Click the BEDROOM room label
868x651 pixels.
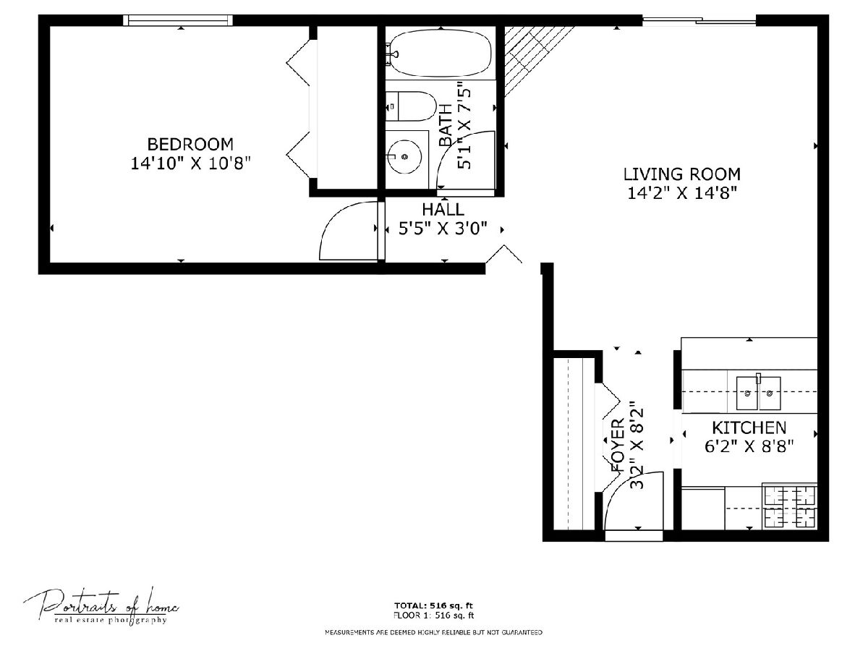(190, 144)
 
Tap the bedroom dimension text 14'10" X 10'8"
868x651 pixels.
(191, 163)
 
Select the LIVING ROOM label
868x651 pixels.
(682, 174)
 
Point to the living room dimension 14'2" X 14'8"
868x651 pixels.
(682, 193)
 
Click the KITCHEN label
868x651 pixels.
(749, 427)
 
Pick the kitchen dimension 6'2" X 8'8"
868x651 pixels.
(749, 446)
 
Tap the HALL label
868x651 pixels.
(443, 210)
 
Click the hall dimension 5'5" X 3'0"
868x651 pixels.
(443, 229)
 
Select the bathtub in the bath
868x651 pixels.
(439, 53)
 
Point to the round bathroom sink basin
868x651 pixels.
(404, 156)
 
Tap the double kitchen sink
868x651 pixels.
(758, 393)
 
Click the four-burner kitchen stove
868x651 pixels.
(790, 507)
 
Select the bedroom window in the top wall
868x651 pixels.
(177, 20)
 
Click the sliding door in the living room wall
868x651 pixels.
(699, 20)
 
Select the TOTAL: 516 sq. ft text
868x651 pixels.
(433, 605)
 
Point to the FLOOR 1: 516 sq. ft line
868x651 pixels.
(433, 616)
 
